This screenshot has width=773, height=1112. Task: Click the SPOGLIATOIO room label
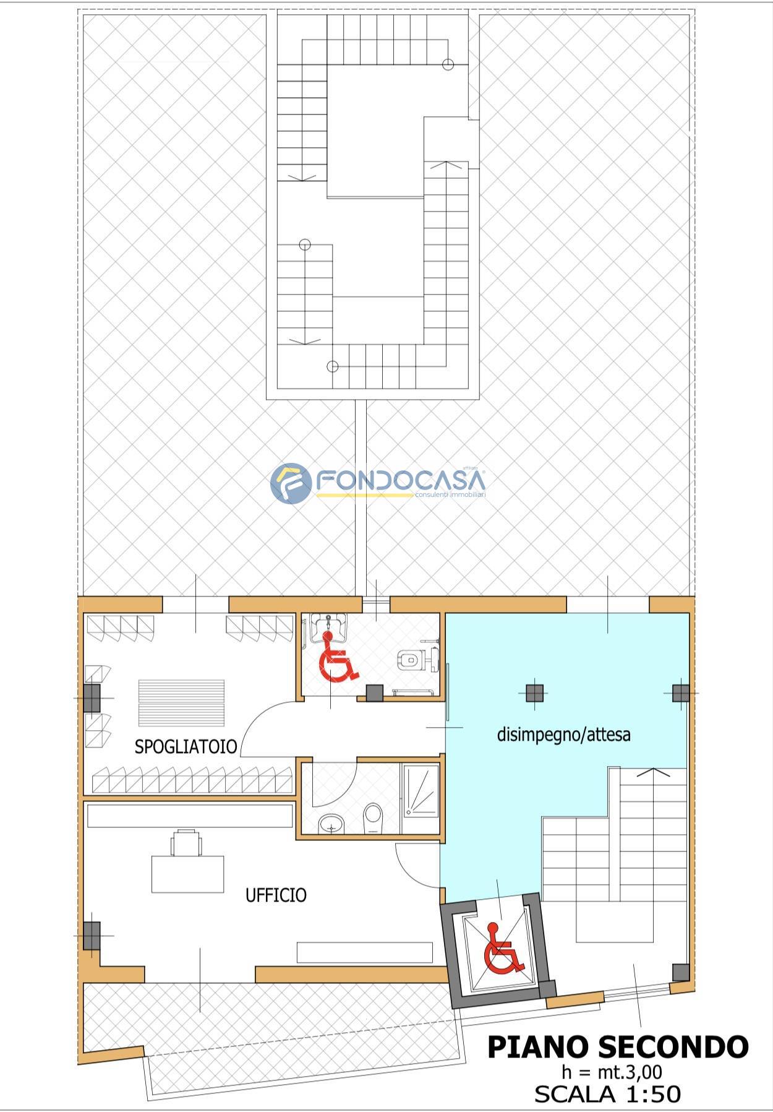pyautogui.click(x=186, y=746)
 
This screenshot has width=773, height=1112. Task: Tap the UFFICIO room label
pyautogui.click(x=276, y=895)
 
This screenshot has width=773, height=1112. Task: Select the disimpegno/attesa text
pyautogui.click(x=563, y=735)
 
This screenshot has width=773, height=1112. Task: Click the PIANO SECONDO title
pyautogui.click(x=618, y=1047)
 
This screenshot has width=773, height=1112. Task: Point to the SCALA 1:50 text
pyautogui.click(x=607, y=1094)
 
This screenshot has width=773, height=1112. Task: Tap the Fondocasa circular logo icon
pyautogui.click(x=291, y=483)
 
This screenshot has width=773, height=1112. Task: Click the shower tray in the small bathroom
pyautogui.click(x=421, y=799)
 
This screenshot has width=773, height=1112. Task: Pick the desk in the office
pyautogui.click(x=187, y=874)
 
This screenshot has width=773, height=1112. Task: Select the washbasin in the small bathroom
pyautogui.click(x=331, y=824)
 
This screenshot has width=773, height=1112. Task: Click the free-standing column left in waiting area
pyautogui.click(x=535, y=692)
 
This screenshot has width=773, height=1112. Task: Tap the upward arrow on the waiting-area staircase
pyautogui.click(x=653, y=773)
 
